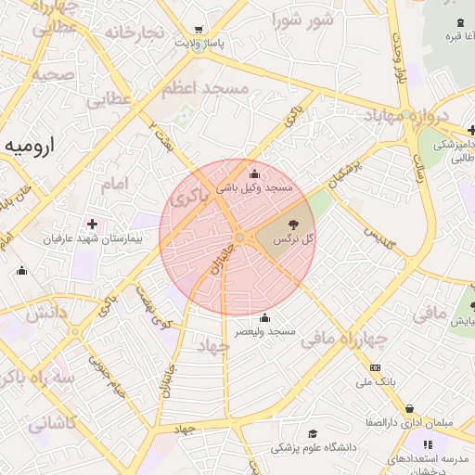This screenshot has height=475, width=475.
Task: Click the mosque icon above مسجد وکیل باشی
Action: (x=254, y=173)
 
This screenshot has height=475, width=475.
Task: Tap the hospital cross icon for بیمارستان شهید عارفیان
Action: (x=91, y=224)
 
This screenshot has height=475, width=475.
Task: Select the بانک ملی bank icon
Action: (x=375, y=367)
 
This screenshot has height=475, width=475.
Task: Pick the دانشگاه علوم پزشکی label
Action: (x=314, y=447)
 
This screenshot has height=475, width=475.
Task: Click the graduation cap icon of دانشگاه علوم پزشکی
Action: (x=313, y=433)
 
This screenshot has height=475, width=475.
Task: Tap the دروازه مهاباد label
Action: (x=405, y=117)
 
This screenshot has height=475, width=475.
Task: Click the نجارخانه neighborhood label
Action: (x=134, y=33)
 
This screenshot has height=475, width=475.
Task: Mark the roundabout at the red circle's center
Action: (x=239, y=237)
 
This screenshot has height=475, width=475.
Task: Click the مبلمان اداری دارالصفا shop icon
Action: (x=410, y=408)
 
